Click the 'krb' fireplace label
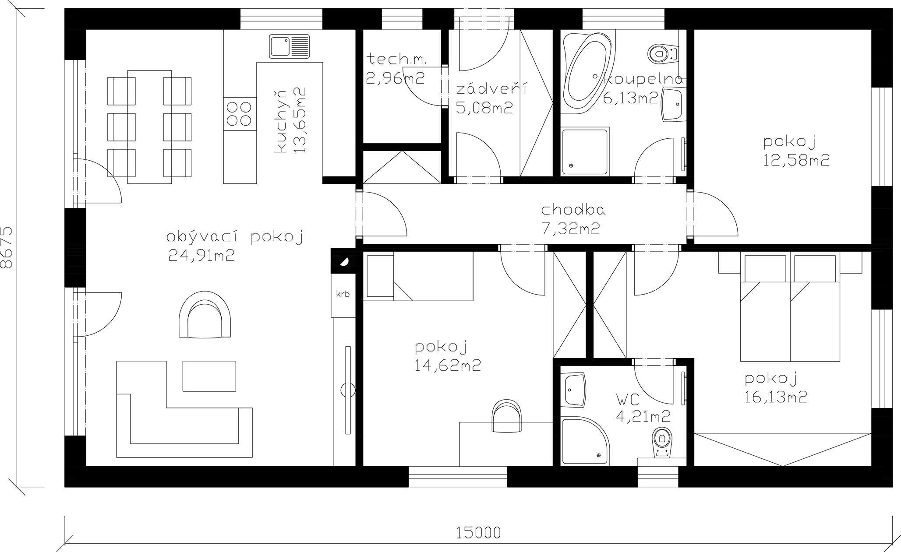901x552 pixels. click(x=343, y=294)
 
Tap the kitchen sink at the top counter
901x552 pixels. click(x=289, y=47)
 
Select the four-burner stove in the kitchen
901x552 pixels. click(x=240, y=113)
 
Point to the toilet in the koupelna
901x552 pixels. click(x=663, y=53)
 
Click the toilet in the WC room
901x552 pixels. click(x=662, y=443)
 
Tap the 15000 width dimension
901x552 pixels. click(x=478, y=533)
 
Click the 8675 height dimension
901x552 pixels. click(x=7, y=247)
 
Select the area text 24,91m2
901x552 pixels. click(x=201, y=255)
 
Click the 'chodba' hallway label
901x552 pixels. click(x=573, y=210)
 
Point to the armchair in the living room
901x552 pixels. click(x=205, y=315)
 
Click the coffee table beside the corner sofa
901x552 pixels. click(x=209, y=376)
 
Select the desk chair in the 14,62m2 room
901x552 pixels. click(x=507, y=415)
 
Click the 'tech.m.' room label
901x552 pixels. click(x=397, y=59)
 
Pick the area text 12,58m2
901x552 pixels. click(x=796, y=160)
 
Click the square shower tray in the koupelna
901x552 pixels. click(x=585, y=151)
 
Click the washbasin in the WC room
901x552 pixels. click(x=574, y=390)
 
